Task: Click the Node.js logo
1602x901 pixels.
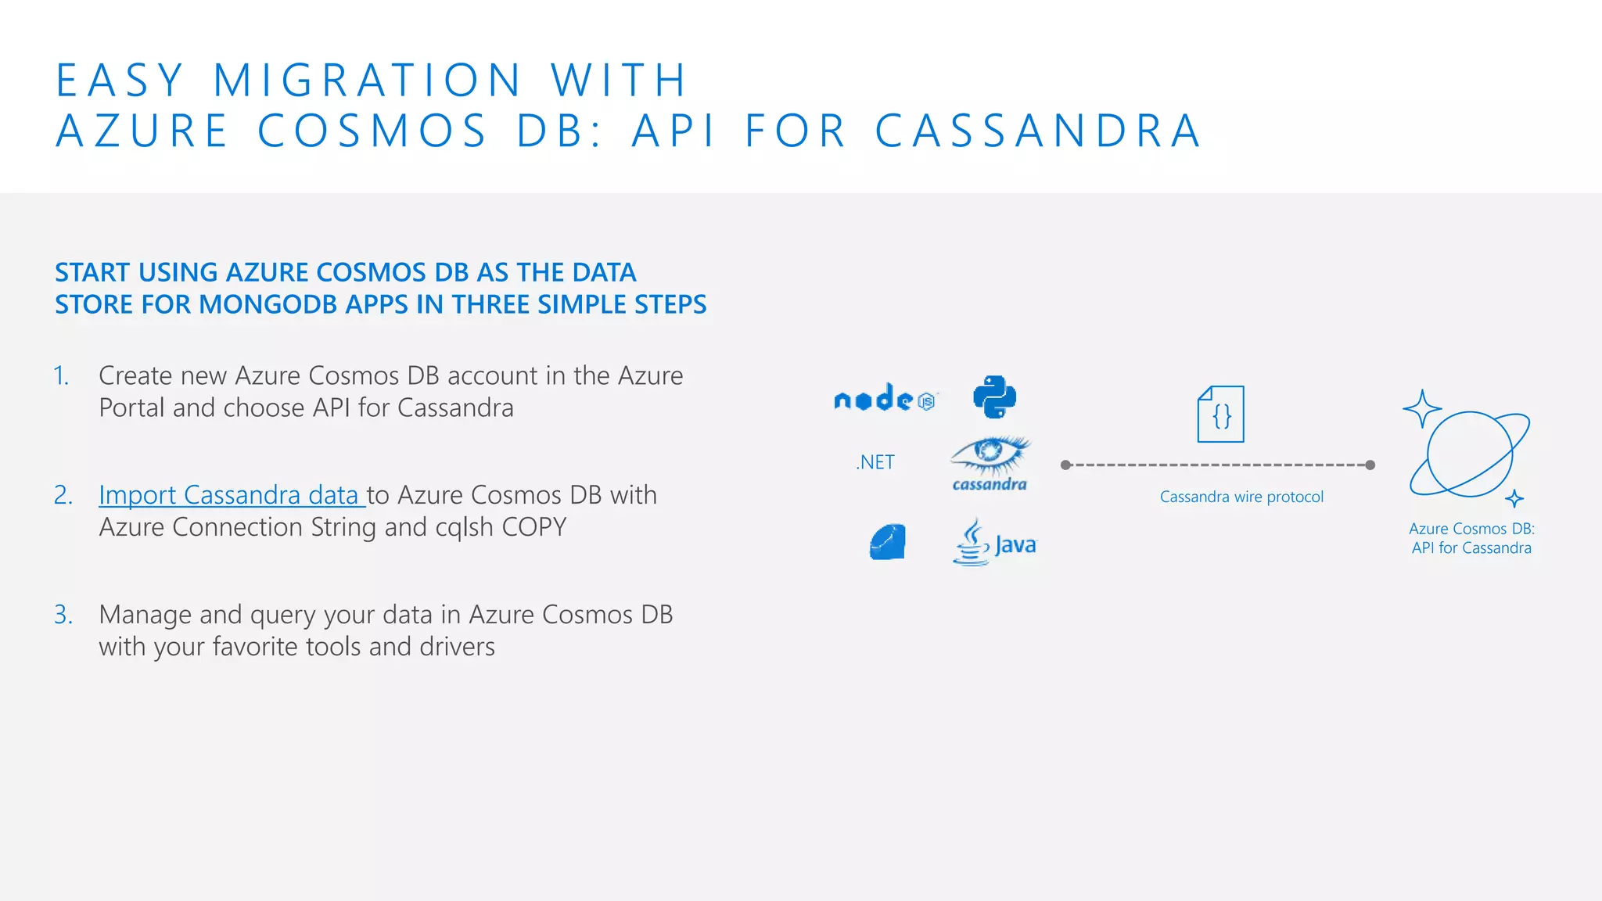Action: pos(885,399)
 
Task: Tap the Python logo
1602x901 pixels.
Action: pos(994,397)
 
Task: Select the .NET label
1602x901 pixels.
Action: pos(875,462)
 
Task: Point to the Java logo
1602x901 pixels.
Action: pos(994,543)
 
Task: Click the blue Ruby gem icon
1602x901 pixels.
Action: pos(888,542)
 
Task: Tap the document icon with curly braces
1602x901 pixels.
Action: pos(1221,415)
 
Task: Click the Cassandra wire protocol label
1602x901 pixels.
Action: pos(1241,497)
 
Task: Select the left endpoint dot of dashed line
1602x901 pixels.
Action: pos(1065,465)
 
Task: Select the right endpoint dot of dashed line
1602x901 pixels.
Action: pos(1370,465)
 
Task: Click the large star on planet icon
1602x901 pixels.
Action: pos(1421,408)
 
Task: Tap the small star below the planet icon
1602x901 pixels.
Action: pos(1514,499)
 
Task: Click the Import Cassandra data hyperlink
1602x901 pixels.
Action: pos(230,495)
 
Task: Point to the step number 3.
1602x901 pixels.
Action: pos(63,615)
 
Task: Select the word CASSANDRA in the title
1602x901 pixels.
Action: pos(1037,131)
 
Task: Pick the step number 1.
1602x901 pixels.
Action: pos(62,376)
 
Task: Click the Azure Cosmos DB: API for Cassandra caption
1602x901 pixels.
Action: pos(1471,538)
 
